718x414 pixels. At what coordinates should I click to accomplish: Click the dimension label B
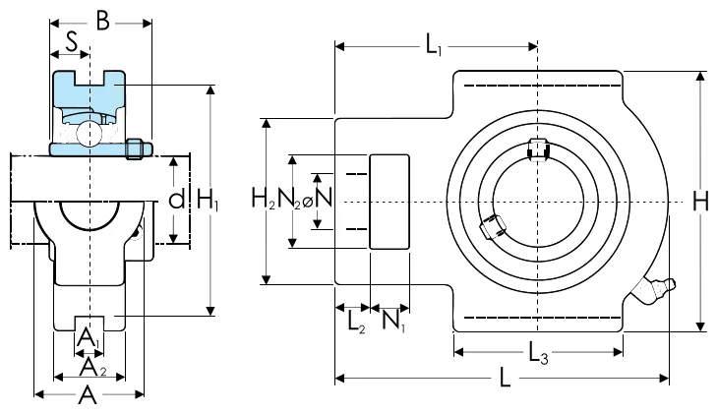coord(103,21)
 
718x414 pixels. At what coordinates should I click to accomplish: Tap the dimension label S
coord(72,42)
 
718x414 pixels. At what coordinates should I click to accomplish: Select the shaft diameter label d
coord(176,200)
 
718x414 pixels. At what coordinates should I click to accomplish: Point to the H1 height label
coord(208,201)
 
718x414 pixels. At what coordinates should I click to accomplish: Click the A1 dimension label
coord(88,338)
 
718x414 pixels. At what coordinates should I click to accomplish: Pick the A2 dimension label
coord(93,367)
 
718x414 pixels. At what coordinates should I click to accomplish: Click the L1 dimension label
coord(434,45)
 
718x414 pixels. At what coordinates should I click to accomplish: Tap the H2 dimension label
coord(264,199)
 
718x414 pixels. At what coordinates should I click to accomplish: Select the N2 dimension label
coord(289,199)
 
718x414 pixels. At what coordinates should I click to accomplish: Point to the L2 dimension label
coord(356,322)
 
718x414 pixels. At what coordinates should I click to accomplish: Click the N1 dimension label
coord(393,321)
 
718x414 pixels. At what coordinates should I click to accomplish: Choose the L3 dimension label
coord(538,353)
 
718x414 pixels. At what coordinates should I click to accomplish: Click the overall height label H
coord(700,201)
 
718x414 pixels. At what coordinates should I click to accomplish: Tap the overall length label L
coord(505,379)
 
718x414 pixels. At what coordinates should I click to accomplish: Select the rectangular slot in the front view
coord(389,202)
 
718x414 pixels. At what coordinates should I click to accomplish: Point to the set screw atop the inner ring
coord(538,149)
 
